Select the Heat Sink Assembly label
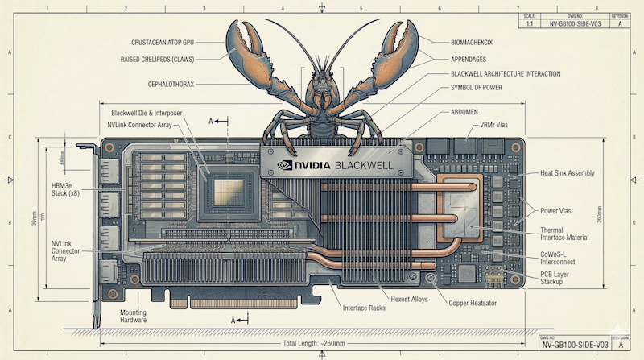tap(567, 172)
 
